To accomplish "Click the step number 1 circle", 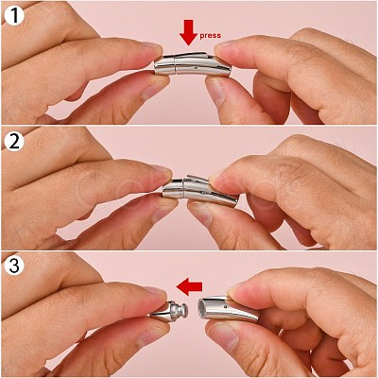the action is pyautogui.click(x=14, y=15).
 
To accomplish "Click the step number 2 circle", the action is pyautogui.click(x=14, y=142).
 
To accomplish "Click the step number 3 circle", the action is pyautogui.click(x=14, y=266).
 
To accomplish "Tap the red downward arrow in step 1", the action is pyautogui.click(x=188, y=33).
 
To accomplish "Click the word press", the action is pyautogui.click(x=210, y=35).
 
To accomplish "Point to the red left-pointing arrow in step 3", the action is pyautogui.click(x=189, y=286).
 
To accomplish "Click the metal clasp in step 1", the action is pyautogui.click(x=193, y=64).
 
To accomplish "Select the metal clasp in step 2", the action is pyautogui.click(x=199, y=191).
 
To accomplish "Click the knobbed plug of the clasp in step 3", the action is pyautogui.click(x=169, y=311).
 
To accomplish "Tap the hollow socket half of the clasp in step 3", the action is pyautogui.click(x=228, y=308).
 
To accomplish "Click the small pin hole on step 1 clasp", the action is pyautogui.click(x=197, y=67).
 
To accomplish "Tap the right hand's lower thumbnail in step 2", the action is pyautogui.click(x=200, y=215).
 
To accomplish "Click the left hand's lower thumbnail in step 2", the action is pyautogui.click(x=163, y=212).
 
